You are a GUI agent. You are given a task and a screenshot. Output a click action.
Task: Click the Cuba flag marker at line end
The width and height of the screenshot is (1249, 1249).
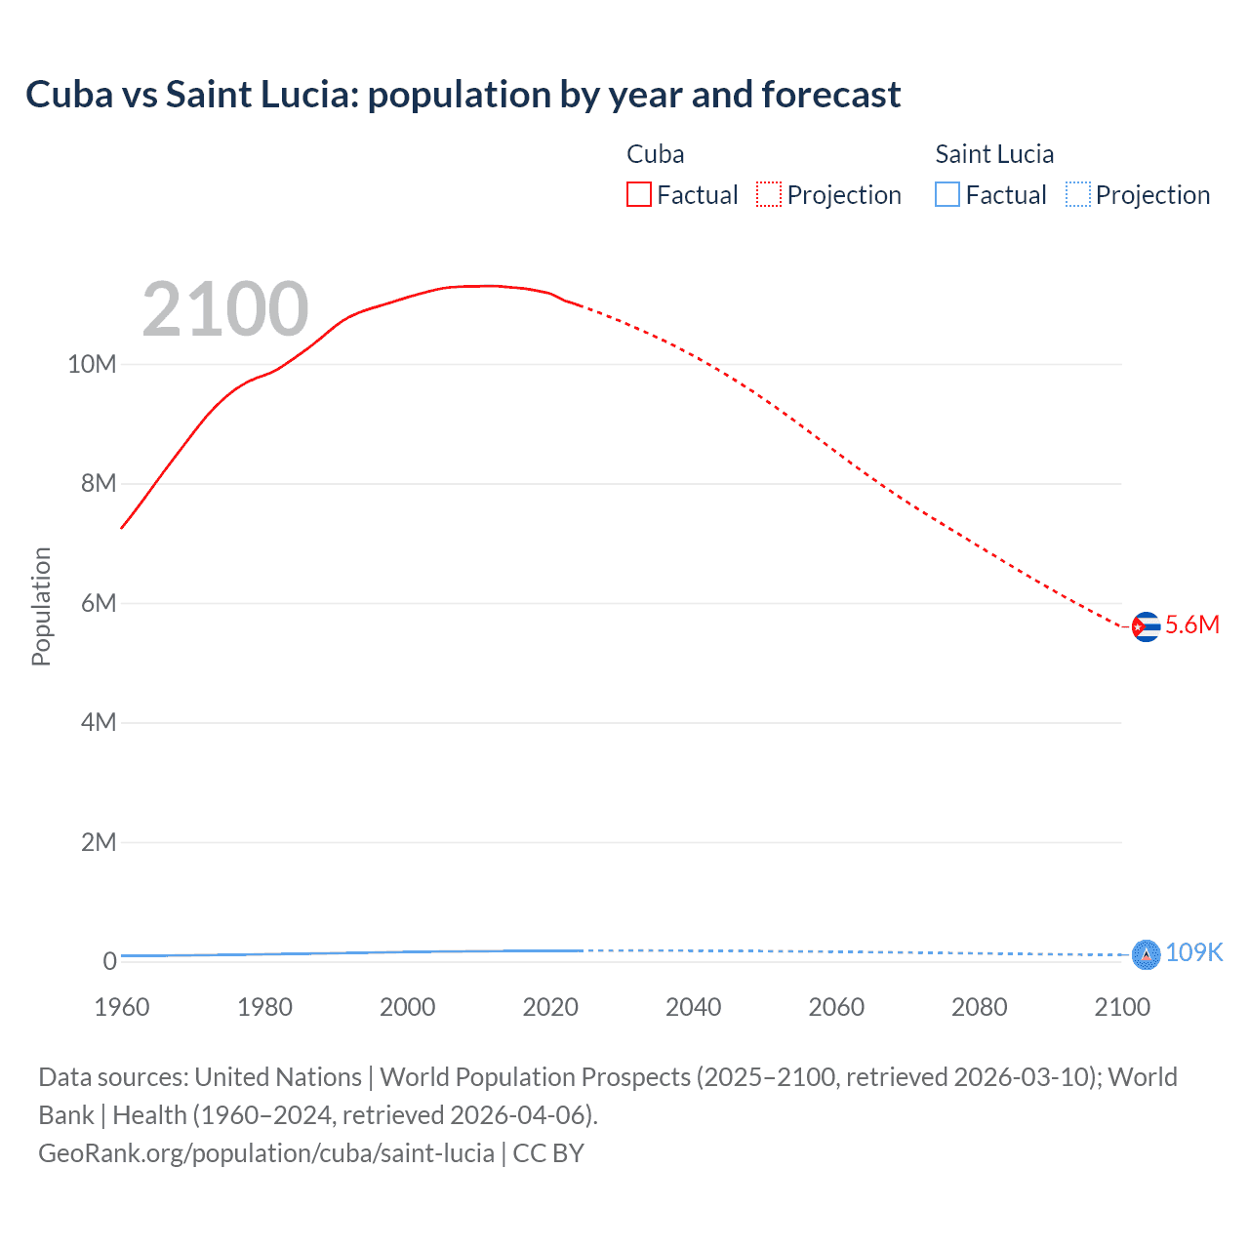pyautogui.click(x=1146, y=626)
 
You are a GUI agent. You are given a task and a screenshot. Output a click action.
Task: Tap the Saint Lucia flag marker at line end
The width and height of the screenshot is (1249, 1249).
pyautogui.click(x=1146, y=954)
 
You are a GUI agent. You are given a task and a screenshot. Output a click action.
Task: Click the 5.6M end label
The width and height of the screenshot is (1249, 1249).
pyautogui.click(x=1192, y=625)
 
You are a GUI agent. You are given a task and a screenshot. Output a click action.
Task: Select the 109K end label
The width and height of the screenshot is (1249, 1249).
pyautogui.click(x=1194, y=952)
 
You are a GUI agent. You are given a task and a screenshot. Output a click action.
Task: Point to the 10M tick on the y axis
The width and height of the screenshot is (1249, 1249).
pyautogui.click(x=92, y=365)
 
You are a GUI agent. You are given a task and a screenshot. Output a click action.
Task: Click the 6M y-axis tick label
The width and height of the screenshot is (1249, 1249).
pyautogui.click(x=99, y=603)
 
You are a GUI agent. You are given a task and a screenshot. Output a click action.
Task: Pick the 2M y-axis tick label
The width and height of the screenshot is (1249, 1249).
pyautogui.click(x=99, y=842)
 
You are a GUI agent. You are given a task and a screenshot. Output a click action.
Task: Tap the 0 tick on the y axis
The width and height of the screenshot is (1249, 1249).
pyautogui.click(x=109, y=961)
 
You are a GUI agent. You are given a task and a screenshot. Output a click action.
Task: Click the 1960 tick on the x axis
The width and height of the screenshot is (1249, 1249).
pyautogui.click(x=122, y=1007)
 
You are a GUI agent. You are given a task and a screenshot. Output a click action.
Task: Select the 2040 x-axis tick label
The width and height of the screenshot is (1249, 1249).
pyautogui.click(x=693, y=1007)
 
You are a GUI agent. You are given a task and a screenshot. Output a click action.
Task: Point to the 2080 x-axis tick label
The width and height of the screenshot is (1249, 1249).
pyautogui.click(x=979, y=1007)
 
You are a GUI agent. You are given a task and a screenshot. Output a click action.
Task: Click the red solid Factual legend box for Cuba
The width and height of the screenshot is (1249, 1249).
pyautogui.click(x=639, y=194)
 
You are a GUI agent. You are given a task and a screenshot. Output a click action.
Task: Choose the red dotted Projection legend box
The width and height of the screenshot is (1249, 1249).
pyautogui.click(x=769, y=194)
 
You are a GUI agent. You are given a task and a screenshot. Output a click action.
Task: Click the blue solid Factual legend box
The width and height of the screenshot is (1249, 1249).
pyautogui.click(x=947, y=194)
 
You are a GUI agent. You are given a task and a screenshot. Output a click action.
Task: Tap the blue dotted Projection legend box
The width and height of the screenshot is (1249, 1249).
pyautogui.click(x=1077, y=194)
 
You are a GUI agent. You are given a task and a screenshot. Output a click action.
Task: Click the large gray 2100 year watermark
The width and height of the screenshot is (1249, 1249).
pyautogui.click(x=225, y=309)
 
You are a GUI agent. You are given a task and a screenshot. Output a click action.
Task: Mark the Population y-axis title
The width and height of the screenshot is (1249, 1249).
pyautogui.click(x=41, y=606)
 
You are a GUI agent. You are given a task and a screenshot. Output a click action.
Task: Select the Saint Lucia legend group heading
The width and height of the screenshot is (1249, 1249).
pyautogui.click(x=994, y=154)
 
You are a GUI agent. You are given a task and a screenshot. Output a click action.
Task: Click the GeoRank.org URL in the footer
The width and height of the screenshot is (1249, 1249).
pyautogui.click(x=265, y=1153)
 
